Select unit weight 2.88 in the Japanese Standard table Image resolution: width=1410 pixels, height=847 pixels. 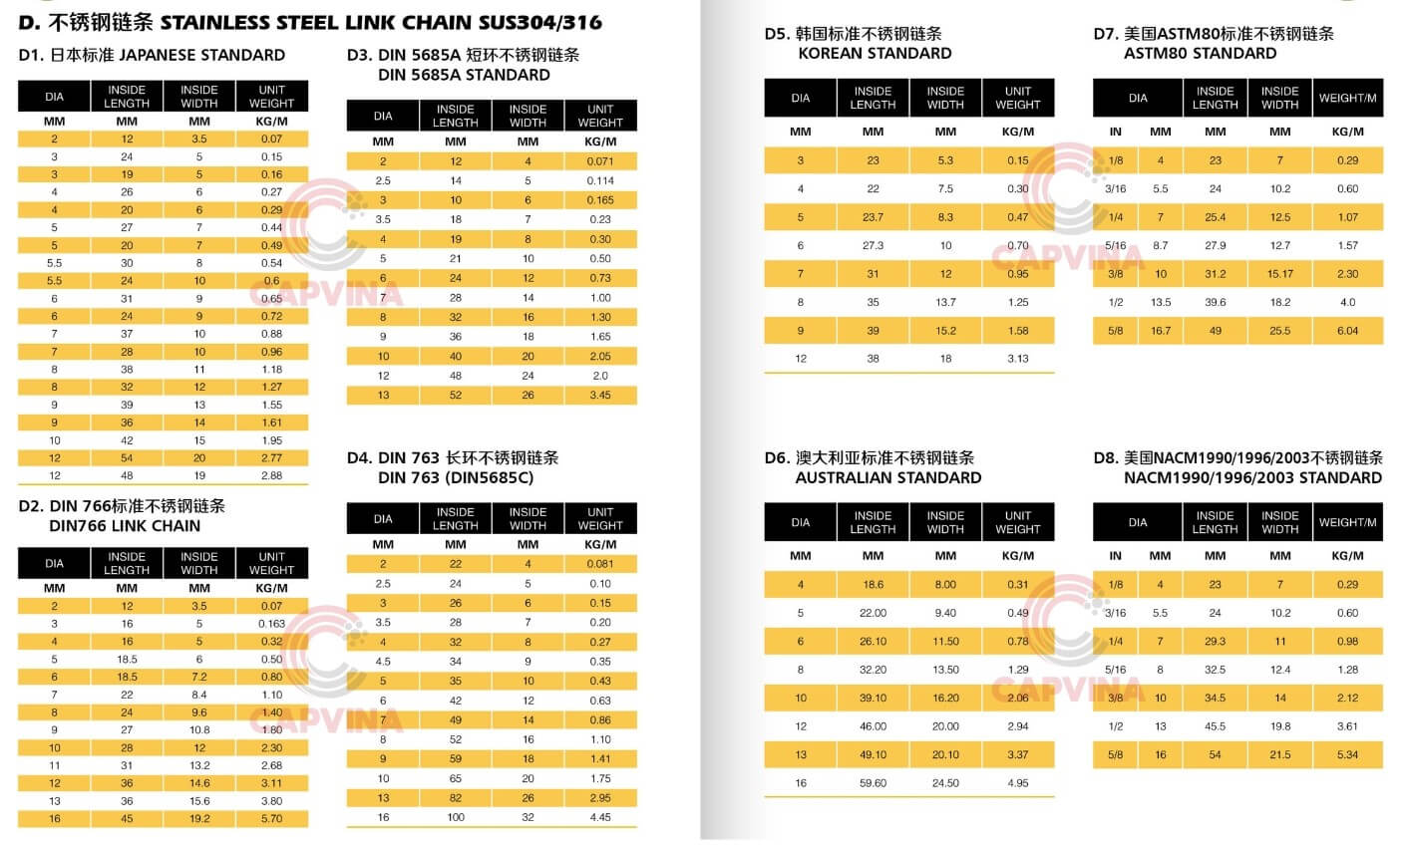tap(271, 476)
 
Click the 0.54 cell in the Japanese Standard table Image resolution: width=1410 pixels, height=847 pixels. tap(271, 263)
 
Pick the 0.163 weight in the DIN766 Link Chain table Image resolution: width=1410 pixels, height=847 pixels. tap(271, 624)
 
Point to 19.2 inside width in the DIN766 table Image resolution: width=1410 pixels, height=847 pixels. tap(199, 819)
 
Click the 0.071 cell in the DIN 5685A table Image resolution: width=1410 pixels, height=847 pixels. tap(600, 161)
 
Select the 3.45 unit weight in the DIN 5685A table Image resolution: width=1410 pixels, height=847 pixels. tap(600, 396)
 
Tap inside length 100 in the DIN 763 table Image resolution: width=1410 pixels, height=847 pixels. tap(456, 818)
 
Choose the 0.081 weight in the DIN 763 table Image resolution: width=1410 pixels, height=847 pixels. tap(600, 564)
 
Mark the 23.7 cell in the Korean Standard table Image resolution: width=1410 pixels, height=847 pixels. tap(873, 217)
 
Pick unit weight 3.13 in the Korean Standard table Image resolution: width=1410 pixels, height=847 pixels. tap(1017, 359)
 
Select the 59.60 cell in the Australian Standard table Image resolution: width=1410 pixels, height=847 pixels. tap(873, 783)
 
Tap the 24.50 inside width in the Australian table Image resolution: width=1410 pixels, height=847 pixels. tap(945, 783)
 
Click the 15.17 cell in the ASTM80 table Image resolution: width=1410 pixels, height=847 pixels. tap(1280, 274)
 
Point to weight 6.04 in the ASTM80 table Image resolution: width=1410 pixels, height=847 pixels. tap(1347, 331)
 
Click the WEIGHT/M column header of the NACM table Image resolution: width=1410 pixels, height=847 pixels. tap(1347, 522)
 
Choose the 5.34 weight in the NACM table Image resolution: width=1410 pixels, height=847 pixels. tap(1347, 755)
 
